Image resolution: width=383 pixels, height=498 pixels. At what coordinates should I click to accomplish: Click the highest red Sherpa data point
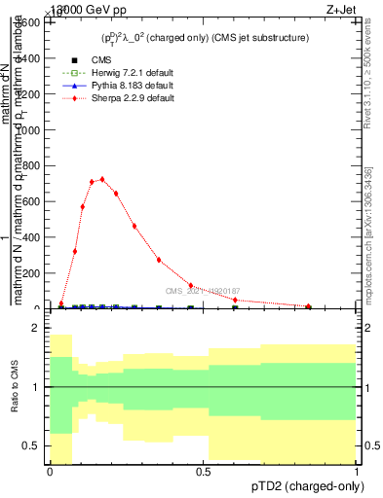click(x=102, y=179)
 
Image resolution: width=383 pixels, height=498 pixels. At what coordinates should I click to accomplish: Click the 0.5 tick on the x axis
click(x=203, y=472)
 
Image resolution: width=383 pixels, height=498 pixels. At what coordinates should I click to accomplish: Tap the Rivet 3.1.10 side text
click(x=367, y=78)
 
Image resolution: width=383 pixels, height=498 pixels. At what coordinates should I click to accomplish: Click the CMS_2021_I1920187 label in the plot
click(x=202, y=291)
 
